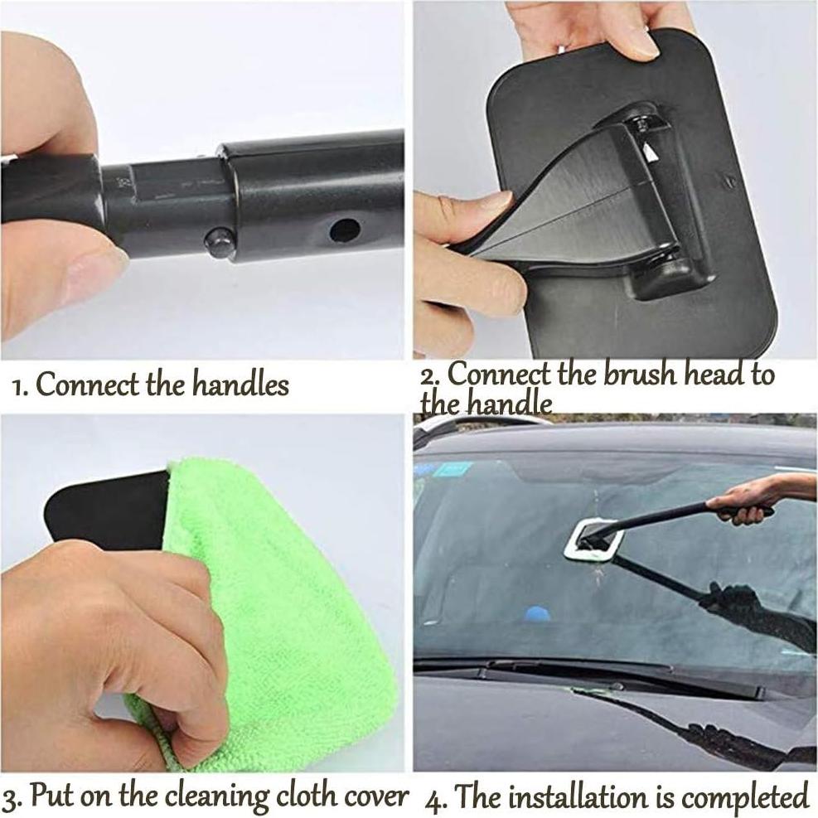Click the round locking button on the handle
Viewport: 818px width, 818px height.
point(218,243)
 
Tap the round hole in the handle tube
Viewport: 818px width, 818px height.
point(344,230)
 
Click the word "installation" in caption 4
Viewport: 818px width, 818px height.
point(574,797)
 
